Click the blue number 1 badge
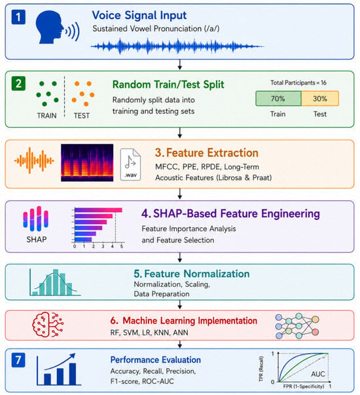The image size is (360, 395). coord(18,17)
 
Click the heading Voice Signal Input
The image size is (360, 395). coord(139,15)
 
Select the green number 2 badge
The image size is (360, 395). coord(18,83)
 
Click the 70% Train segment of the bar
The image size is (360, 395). coord(278,98)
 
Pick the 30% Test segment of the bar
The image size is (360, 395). coord(320,98)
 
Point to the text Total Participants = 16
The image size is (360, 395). coord(298,83)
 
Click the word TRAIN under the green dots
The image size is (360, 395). coord(47,116)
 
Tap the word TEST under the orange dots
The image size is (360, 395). coord(82,116)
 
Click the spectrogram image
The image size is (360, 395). coord(87,162)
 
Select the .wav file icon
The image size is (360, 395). coord(130,164)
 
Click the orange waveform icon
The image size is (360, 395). coord(34,160)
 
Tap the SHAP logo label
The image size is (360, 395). coord(37,239)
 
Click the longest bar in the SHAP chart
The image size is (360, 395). coord(98,210)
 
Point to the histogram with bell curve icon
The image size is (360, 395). coord(55,282)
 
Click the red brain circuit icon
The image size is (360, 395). coord(48,324)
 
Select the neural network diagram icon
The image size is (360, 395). coord(297,326)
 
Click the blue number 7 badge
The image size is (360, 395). coord(18,360)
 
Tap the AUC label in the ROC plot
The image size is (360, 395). coord(318,374)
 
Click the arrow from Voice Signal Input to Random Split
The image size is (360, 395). coord(180,65)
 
